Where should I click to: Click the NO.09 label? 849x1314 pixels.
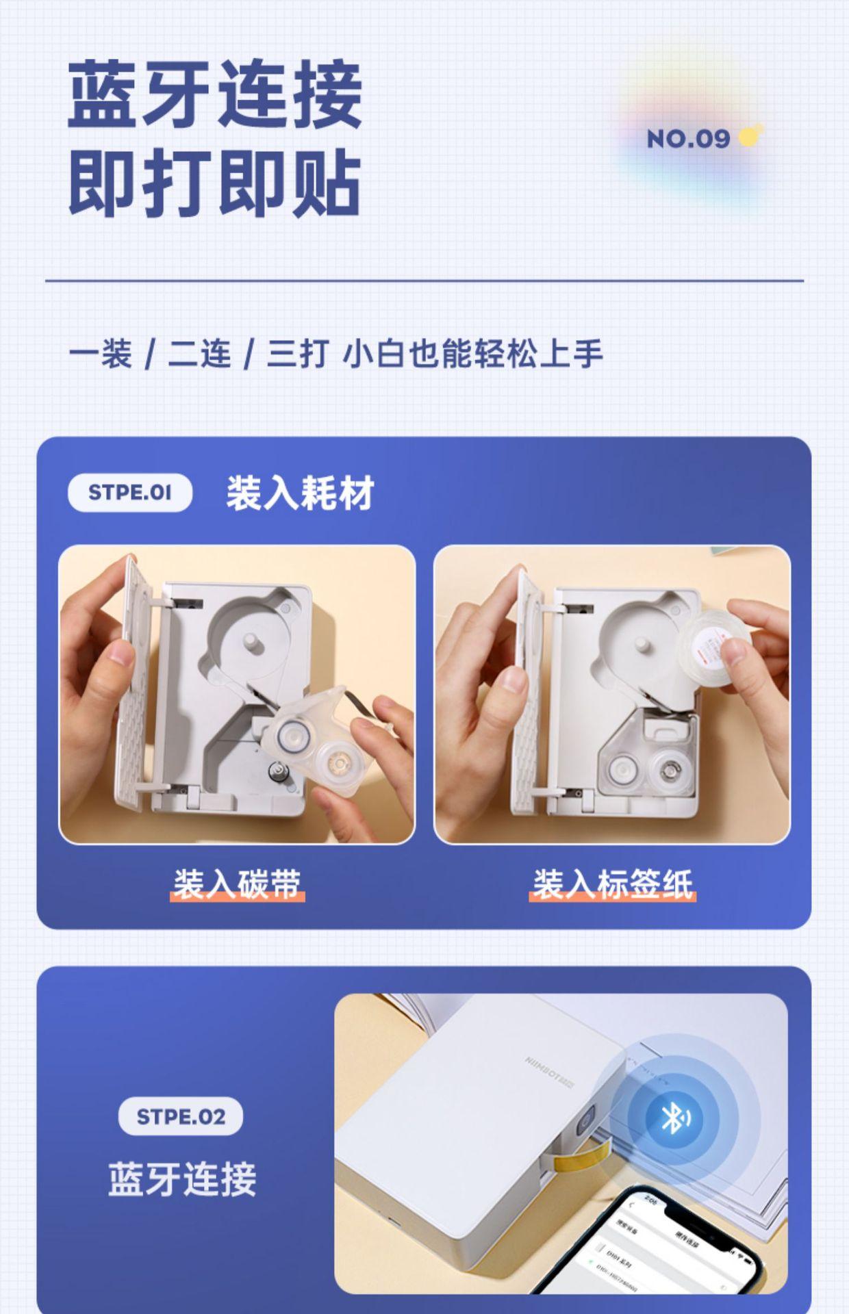(687, 139)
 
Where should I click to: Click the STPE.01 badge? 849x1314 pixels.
(129, 492)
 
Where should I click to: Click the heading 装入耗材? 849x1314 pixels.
(300, 493)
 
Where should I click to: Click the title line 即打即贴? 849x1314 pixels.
(214, 183)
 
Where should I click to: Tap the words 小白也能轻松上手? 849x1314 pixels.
(472, 355)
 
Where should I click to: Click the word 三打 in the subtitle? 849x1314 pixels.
(297, 355)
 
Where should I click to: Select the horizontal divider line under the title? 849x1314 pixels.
(424, 281)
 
